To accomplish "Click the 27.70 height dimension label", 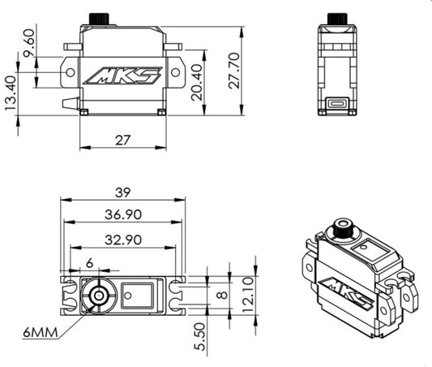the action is (234, 71).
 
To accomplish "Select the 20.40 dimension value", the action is (197, 82).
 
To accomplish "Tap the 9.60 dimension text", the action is (29, 43).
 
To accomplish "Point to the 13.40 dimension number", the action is (11, 93).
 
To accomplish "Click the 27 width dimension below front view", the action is (122, 140).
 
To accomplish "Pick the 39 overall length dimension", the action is (122, 192).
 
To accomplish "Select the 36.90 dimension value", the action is (123, 214).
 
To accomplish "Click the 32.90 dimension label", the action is (123, 240).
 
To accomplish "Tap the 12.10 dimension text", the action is (248, 295).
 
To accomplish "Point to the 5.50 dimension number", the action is (200, 337).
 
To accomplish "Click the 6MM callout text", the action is (41, 333).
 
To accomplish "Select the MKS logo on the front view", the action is (122, 76).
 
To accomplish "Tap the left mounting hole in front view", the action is (71, 72).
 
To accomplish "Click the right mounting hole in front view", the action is (176, 72).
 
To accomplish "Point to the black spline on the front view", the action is (99, 19).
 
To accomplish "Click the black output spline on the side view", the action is (337, 19).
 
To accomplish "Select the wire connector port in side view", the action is (337, 104).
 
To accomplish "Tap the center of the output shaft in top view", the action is (99, 296).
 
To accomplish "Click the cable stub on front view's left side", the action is (71, 103).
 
